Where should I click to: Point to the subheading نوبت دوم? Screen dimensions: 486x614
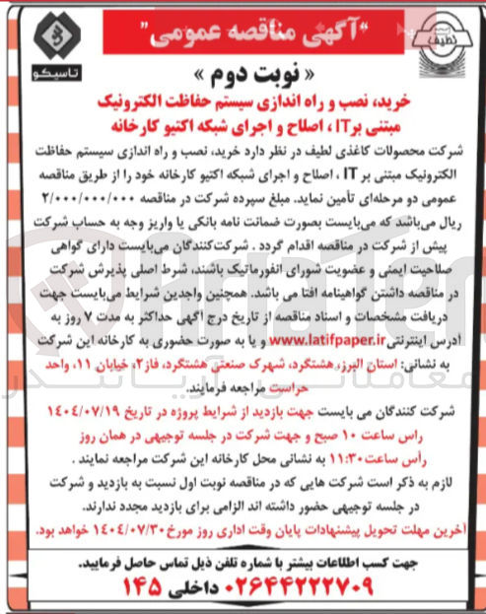(x=242, y=77)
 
